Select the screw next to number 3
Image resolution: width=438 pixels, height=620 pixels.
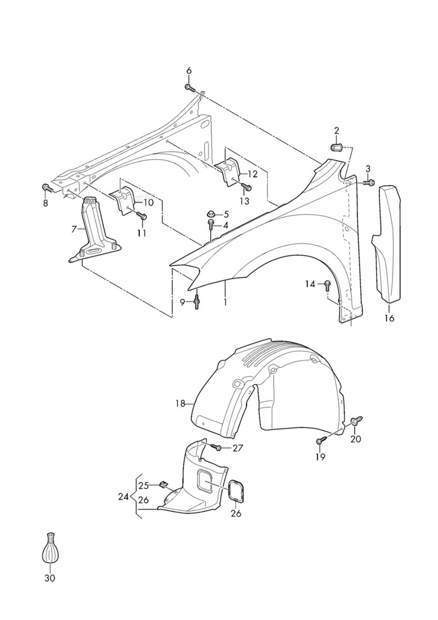(x=368, y=181)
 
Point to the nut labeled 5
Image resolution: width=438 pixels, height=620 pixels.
(x=212, y=213)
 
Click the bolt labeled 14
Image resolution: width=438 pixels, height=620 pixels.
(x=327, y=284)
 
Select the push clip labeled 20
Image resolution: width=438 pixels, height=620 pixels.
(x=356, y=422)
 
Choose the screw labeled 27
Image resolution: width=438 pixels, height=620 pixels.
(x=216, y=447)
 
